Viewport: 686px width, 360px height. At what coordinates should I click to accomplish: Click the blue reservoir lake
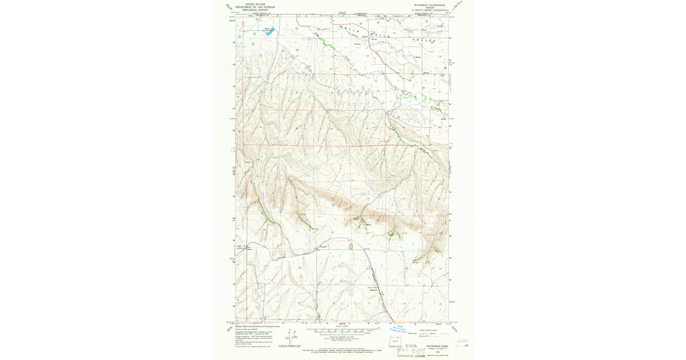click(x=268, y=32)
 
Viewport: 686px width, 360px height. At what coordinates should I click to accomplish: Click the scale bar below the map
click(x=342, y=330)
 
